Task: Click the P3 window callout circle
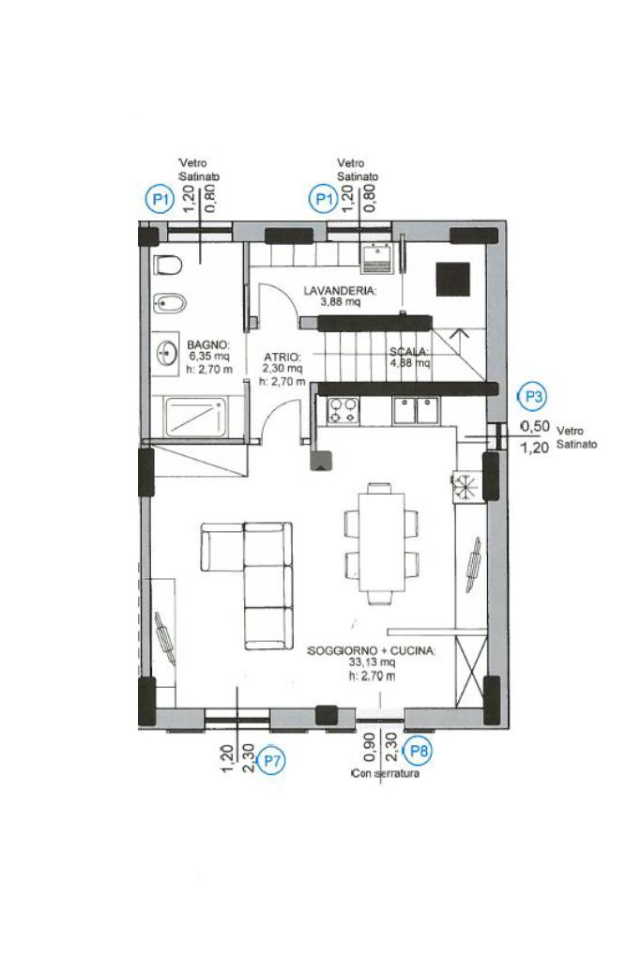534,397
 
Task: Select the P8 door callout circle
419,751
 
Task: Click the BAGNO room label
208,345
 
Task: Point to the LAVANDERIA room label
340,290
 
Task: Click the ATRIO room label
282,357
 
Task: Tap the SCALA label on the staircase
408,352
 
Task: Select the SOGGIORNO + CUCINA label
371,650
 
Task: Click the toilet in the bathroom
168,265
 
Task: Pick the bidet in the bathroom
168,302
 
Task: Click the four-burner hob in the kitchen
343,410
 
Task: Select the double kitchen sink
417,409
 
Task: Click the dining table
381,541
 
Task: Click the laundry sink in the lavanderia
376,258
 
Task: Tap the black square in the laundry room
453,280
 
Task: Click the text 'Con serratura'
385,774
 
